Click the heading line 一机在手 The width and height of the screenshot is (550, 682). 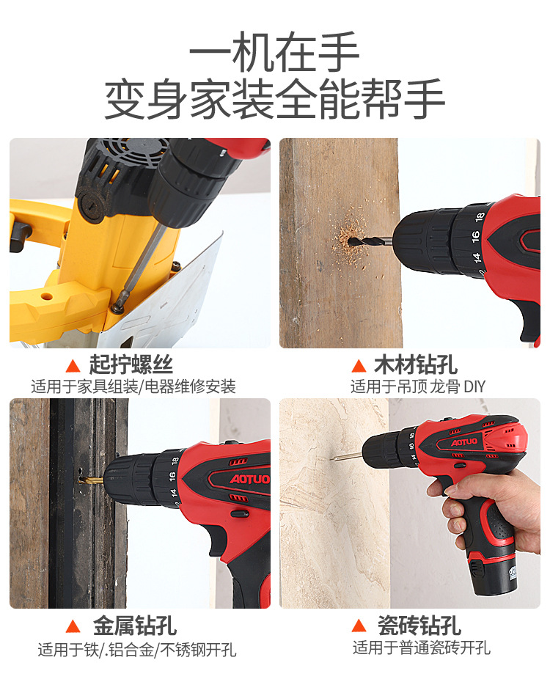[274, 52]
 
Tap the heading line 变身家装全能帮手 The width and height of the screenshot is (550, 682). [274, 98]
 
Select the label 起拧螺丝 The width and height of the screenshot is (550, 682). [131, 364]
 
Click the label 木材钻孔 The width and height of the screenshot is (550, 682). [416, 364]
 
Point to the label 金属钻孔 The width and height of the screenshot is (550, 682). [135, 626]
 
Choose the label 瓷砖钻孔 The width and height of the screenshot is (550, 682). [419, 626]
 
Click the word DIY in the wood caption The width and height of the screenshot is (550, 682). [474, 386]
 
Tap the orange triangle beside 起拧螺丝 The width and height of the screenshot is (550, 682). [73, 366]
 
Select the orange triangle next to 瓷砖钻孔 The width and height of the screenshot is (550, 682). [359, 626]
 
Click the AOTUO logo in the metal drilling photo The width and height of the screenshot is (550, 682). [249, 479]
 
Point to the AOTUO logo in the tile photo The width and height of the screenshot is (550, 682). [464, 442]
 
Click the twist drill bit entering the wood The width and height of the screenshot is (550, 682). [370, 240]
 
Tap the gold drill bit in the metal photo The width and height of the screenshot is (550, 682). [92, 480]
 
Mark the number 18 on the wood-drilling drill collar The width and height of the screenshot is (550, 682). [480, 217]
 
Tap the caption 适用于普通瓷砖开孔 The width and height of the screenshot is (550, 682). [422, 648]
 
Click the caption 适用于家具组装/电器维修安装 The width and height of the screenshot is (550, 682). [133, 386]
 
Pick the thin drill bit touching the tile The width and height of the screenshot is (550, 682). [347, 456]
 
